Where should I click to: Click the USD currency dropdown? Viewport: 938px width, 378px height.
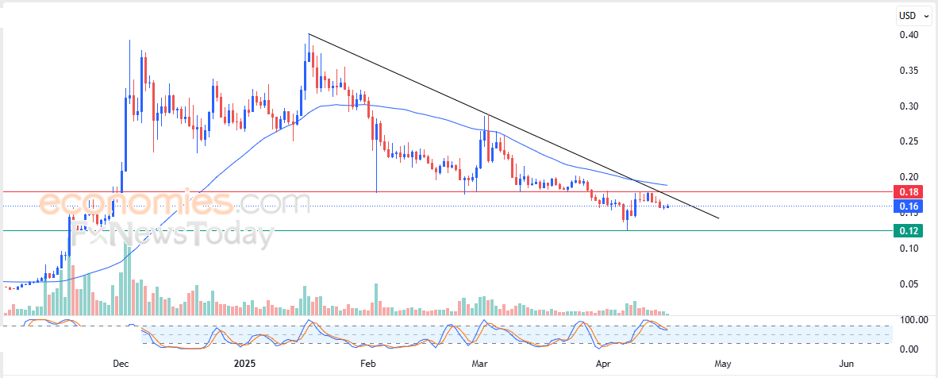pyautogui.click(x=913, y=15)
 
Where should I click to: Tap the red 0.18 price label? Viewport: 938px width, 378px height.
pyautogui.click(x=907, y=192)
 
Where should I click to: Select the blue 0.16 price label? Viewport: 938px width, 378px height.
pyautogui.click(x=907, y=206)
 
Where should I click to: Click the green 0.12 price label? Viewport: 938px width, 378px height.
pyautogui.click(x=907, y=231)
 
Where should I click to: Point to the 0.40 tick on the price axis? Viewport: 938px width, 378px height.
pyautogui.click(x=909, y=35)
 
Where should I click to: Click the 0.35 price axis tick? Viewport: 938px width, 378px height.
pyautogui.click(x=909, y=71)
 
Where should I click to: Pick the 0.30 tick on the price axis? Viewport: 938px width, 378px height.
pyautogui.click(x=909, y=106)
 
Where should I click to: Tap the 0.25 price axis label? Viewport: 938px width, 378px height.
pyautogui.click(x=909, y=141)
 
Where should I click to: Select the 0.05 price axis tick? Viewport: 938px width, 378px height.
pyautogui.click(x=909, y=283)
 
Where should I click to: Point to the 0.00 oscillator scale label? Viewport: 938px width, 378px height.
pyautogui.click(x=909, y=349)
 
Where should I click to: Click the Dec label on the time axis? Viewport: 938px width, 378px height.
pyautogui.click(x=121, y=364)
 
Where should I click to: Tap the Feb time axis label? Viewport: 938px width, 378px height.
pyautogui.click(x=367, y=364)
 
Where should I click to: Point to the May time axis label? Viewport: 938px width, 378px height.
pyautogui.click(x=721, y=364)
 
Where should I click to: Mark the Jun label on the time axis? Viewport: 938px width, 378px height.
pyautogui.click(x=847, y=364)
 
